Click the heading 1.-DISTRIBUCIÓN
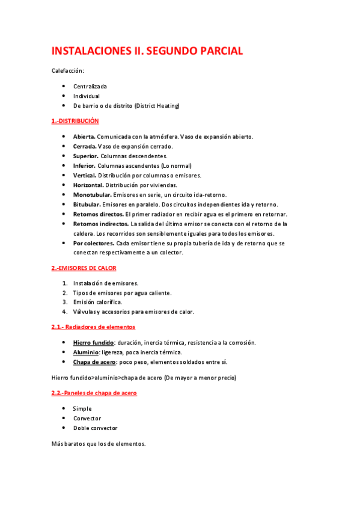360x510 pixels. (75, 121)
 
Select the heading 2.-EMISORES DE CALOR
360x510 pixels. (84, 268)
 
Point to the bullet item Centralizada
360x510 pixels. (90, 87)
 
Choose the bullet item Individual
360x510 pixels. (87, 96)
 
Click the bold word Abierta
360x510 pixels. (84, 137)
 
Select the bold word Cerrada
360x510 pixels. (85, 146)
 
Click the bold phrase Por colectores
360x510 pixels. (94, 244)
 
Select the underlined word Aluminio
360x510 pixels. (86, 352)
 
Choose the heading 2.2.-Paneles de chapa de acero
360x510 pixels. (94, 393)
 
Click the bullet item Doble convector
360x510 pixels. (95, 428)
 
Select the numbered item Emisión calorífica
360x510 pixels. (97, 302)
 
